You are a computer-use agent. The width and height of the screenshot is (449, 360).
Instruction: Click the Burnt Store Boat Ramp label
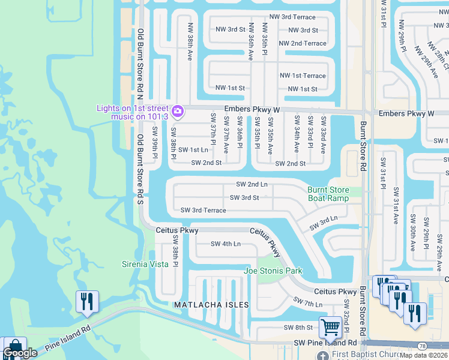tap(328, 194)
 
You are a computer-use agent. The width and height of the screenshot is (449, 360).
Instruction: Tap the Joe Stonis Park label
tap(273, 271)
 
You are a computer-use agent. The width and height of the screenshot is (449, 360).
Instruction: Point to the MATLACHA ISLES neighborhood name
tap(211, 305)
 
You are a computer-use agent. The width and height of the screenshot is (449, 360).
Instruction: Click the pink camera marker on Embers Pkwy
tap(177, 111)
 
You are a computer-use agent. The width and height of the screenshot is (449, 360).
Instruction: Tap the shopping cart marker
tap(330, 328)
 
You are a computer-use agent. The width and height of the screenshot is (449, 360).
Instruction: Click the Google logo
tap(20, 353)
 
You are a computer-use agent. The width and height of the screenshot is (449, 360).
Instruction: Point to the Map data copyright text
tap(424, 355)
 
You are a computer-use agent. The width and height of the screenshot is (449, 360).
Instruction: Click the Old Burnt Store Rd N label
tap(140, 61)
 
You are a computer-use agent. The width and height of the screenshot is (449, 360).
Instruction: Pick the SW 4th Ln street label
tap(225, 244)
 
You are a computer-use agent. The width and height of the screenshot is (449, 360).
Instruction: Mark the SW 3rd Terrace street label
tap(203, 210)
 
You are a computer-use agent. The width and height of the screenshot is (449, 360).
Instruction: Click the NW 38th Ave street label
tap(190, 47)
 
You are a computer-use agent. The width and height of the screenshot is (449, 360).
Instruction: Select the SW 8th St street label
tap(298, 328)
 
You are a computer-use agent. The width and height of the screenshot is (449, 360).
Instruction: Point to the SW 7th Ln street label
tap(307, 302)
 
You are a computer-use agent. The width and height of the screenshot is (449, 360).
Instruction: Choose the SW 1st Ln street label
tap(193, 149)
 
